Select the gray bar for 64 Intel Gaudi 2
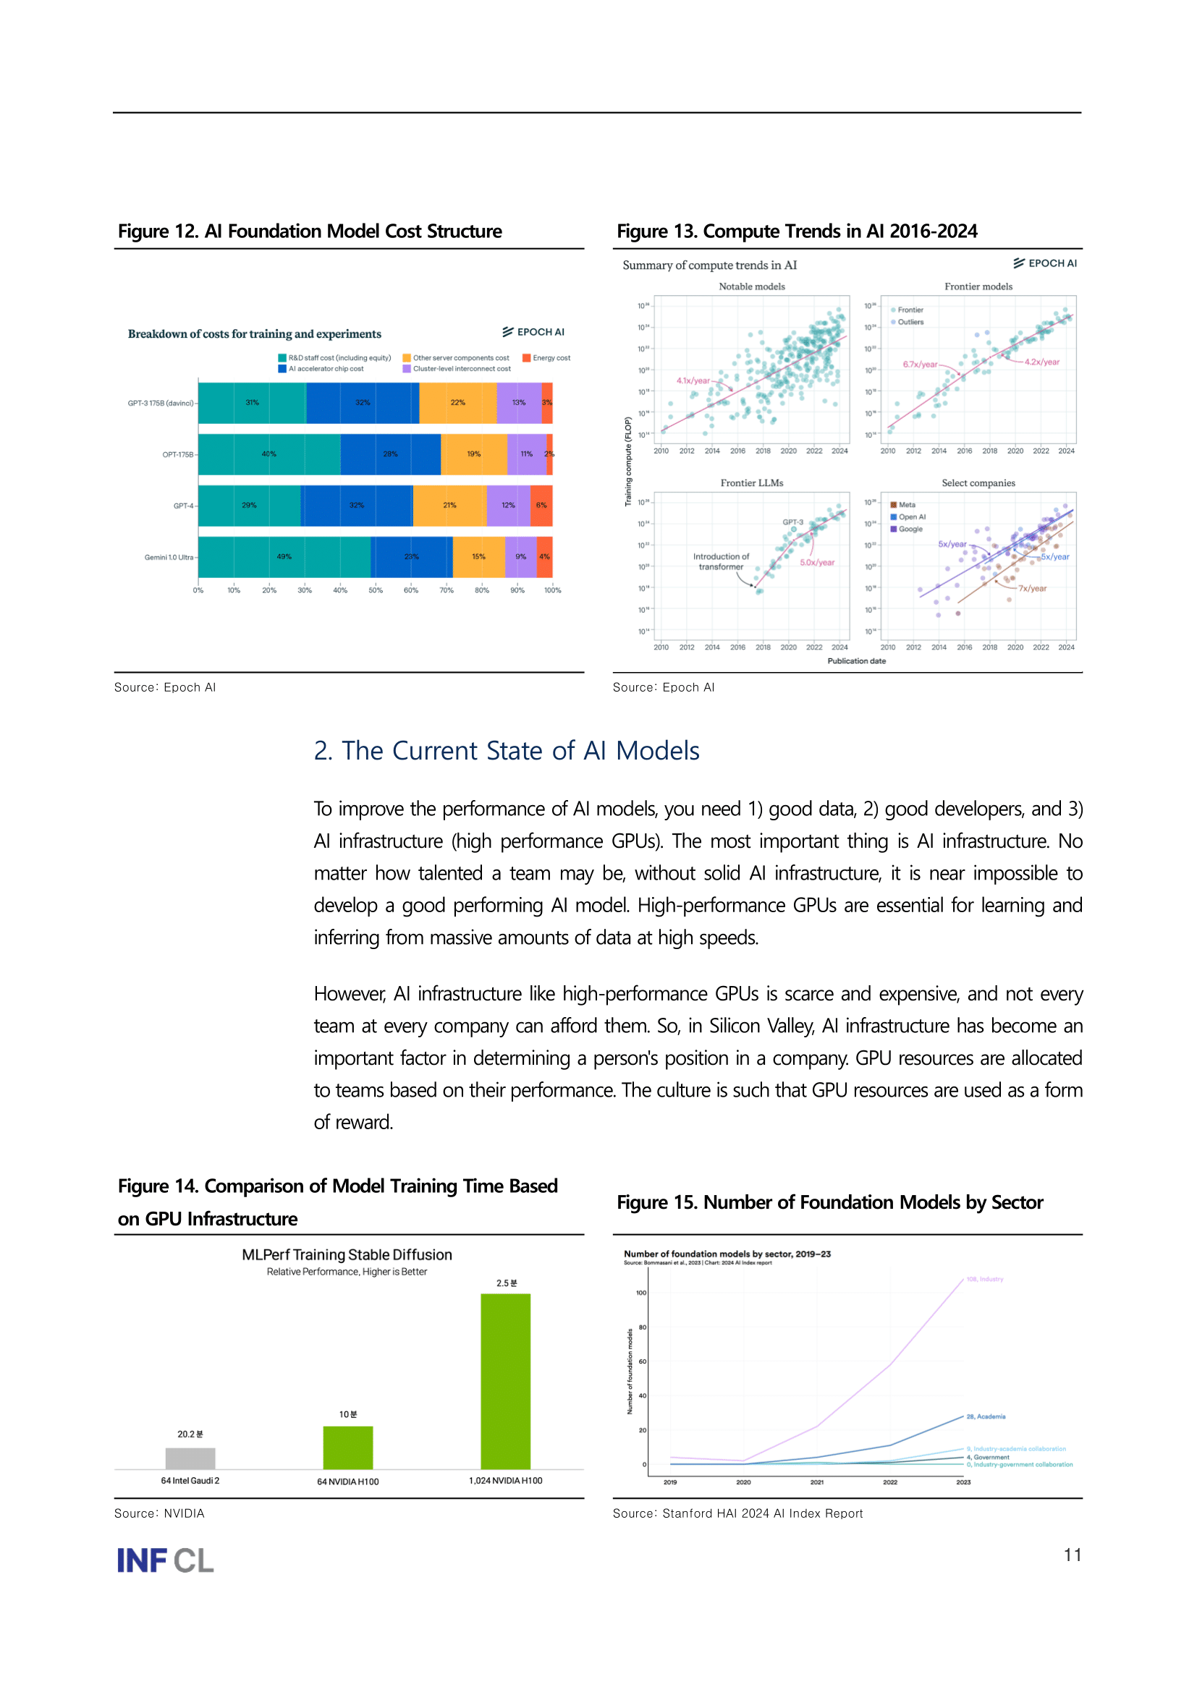pyautogui.click(x=190, y=1458)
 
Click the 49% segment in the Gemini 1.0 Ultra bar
pyautogui.click(x=284, y=556)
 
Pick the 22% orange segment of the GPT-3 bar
pyautogui.click(x=457, y=402)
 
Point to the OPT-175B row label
pyautogui.click(x=177, y=455)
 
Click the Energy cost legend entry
pyautogui.click(x=546, y=358)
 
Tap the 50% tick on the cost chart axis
pyautogui.click(x=375, y=590)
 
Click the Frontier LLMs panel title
pyautogui.click(x=751, y=482)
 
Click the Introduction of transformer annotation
pyautogui.click(x=720, y=561)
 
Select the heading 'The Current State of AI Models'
pyautogui.click(x=507, y=750)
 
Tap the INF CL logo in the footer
pyautogui.click(x=165, y=1560)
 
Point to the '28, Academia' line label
pyautogui.click(x=986, y=1416)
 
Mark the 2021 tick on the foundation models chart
pyautogui.click(x=816, y=1482)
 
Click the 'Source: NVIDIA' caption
pyautogui.click(x=159, y=1513)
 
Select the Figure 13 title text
pyautogui.click(x=796, y=231)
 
